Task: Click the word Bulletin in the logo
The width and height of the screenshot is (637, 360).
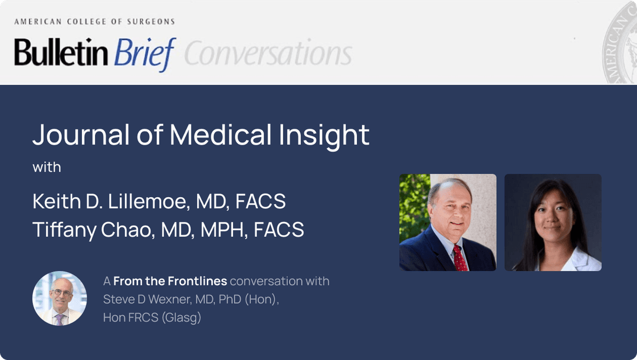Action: point(61,53)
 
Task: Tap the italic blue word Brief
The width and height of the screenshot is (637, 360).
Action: point(145,54)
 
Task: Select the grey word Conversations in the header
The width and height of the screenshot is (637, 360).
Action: point(268,54)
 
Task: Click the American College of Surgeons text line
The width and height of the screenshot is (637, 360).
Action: point(94,22)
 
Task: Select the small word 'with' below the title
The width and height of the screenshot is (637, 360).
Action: point(47,167)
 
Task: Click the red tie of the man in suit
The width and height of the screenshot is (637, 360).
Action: point(459,258)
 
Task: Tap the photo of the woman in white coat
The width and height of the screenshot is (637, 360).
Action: point(553,222)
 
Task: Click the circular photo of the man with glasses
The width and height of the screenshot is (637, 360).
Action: point(60,299)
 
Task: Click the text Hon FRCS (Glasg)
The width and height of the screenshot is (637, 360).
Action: point(152,318)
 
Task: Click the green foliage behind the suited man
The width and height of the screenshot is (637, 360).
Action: point(413,201)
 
